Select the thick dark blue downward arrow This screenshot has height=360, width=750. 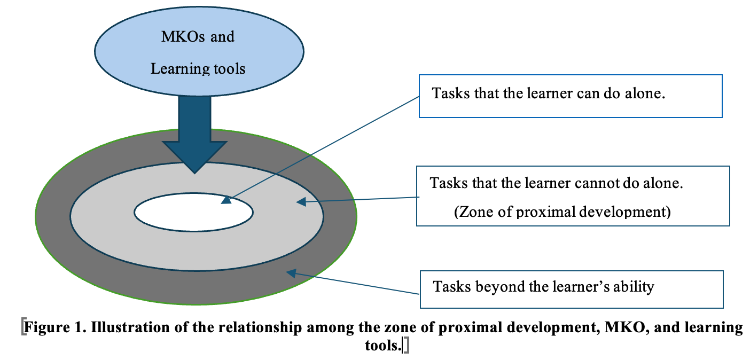click(x=194, y=128)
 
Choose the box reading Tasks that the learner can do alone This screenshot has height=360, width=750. click(x=570, y=96)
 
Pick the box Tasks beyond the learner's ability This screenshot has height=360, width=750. click(x=571, y=289)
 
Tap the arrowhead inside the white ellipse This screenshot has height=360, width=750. click(x=226, y=201)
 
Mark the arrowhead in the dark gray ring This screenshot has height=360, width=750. click(x=291, y=273)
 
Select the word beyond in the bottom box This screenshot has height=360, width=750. click(x=500, y=287)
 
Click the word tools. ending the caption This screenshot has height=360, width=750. click(x=383, y=346)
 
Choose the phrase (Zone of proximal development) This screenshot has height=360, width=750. click(x=562, y=212)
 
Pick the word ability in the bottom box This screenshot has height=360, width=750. click(x=634, y=287)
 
